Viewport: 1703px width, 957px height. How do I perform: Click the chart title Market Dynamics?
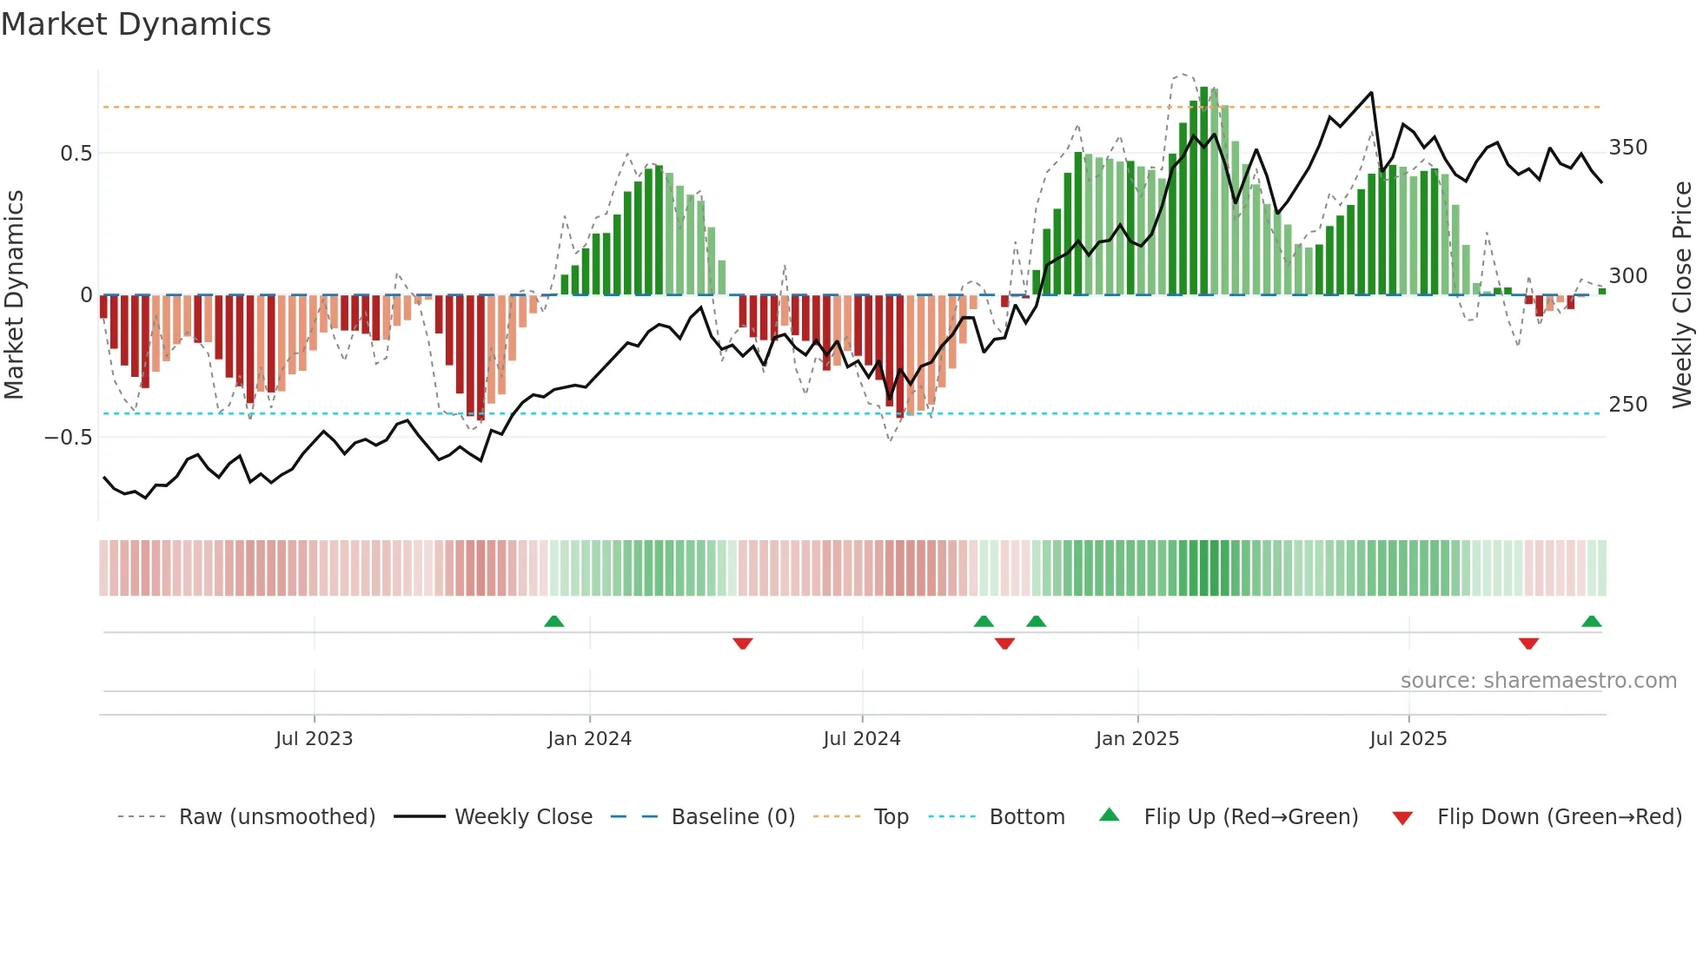(x=136, y=24)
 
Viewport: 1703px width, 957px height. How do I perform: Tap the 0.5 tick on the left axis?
(x=76, y=154)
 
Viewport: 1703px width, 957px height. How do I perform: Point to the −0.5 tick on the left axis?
(x=68, y=437)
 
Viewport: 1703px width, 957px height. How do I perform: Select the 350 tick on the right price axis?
(x=1627, y=148)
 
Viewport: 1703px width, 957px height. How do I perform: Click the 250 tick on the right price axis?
(x=1627, y=405)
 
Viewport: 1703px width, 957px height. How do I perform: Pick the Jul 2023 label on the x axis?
(x=314, y=739)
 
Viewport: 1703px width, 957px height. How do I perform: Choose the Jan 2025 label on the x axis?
(x=1136, y=739)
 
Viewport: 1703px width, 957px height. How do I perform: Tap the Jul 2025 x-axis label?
(x=1408, y=739)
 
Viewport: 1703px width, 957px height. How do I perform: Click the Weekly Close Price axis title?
(x=1682, y=294)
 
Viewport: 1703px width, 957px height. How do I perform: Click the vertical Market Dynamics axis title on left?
(x=15, y=294)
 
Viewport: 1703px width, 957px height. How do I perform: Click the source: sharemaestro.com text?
(x=1538, y=681)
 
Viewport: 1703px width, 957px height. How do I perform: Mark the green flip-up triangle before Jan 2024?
(x=553, y=621)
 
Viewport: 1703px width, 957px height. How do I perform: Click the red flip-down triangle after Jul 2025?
(x=1528, y=643)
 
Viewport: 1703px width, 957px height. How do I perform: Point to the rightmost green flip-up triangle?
(x=1591, y=621)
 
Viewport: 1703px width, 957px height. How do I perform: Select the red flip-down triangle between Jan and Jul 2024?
(x=742, y=643)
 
